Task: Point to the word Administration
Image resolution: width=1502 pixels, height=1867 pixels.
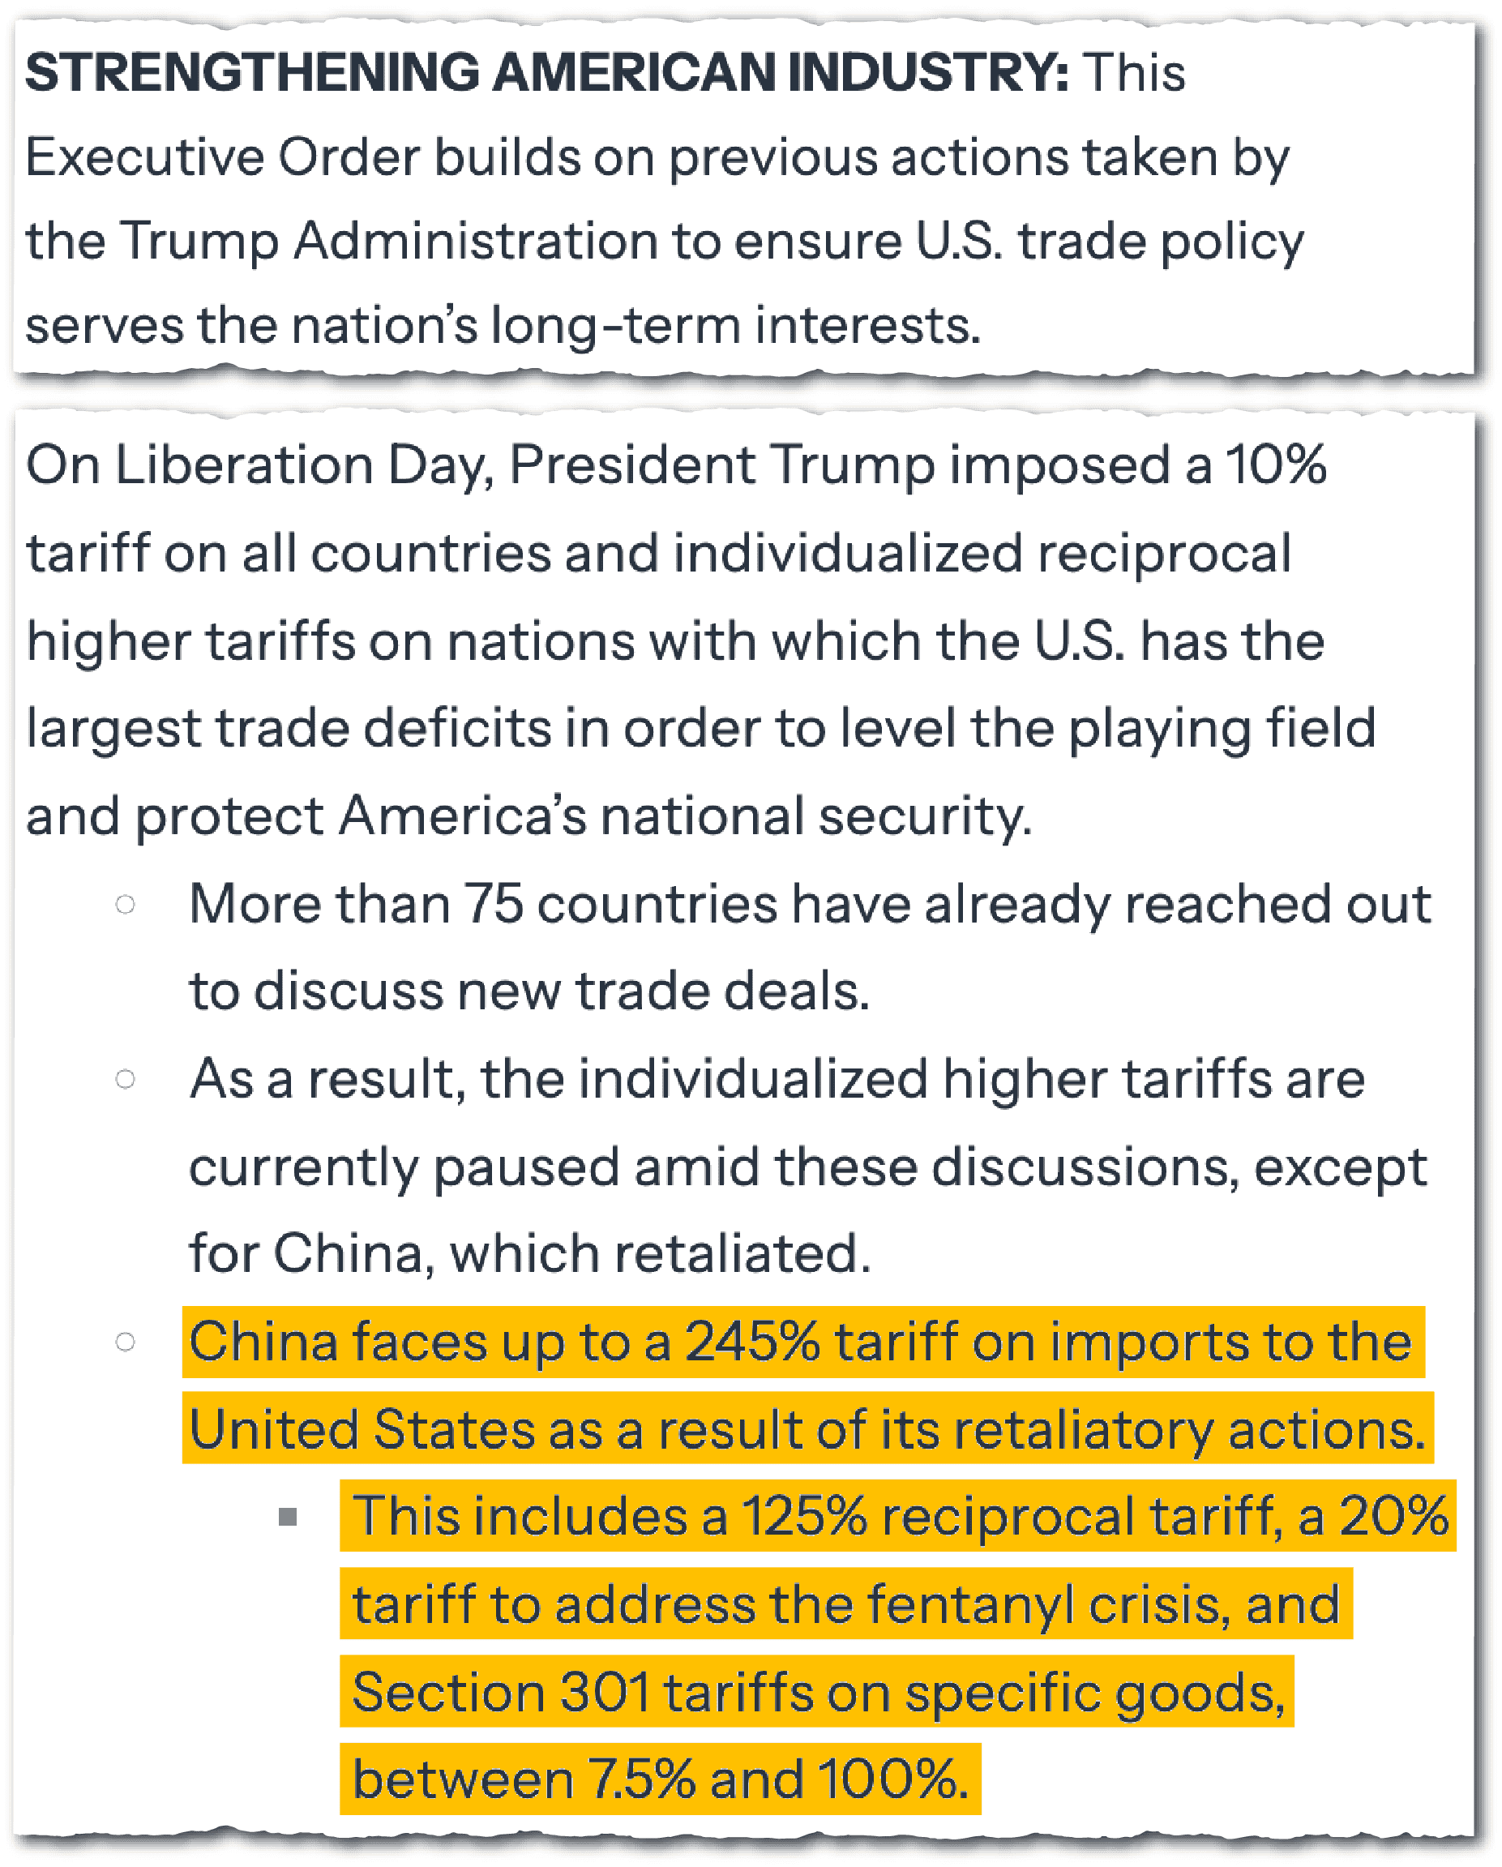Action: tap(475, 241)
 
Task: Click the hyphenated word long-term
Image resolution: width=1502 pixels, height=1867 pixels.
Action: tap(615, 327)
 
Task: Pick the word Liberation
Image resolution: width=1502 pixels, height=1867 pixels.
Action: tap(243, 466)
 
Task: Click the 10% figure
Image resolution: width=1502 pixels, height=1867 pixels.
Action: tap(1276, 466)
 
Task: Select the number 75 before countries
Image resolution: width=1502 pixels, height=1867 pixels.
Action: tap(494, 905)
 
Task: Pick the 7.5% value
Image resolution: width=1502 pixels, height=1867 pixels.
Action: tap(641, 1779)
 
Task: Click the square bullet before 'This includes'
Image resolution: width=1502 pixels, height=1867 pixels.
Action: tap(289, 1517)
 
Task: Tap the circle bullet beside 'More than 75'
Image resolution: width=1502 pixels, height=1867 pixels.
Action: tap(126, 905)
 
